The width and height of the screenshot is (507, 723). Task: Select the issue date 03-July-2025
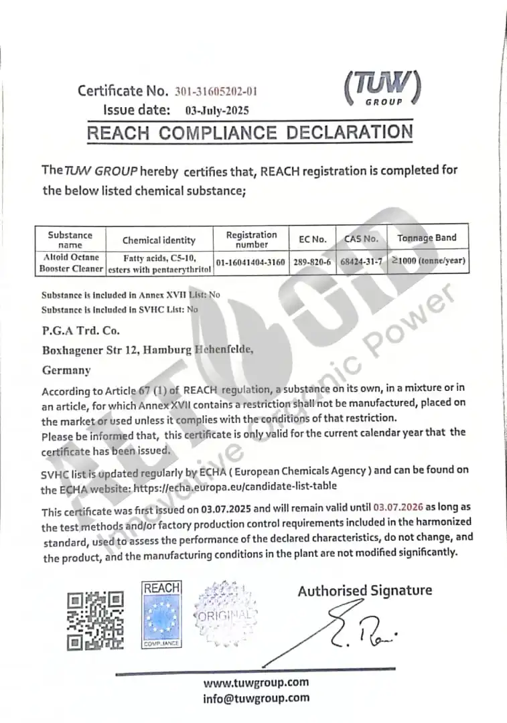tap(212, 110)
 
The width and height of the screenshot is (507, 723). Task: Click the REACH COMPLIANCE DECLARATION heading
tap(250, 132)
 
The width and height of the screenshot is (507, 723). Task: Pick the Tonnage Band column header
tap(427, 238)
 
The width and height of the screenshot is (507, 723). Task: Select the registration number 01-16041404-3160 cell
tap(250, 262)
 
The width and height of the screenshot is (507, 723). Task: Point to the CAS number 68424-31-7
tap(361, 262)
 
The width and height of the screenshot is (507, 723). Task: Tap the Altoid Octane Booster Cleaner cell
tap(70, 262)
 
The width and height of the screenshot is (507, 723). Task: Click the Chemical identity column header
tap(159, 240)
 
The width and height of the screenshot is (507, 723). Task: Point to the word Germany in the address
tap(66, 370)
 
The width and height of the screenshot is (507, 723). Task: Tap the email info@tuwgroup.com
tap(257, 698)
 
